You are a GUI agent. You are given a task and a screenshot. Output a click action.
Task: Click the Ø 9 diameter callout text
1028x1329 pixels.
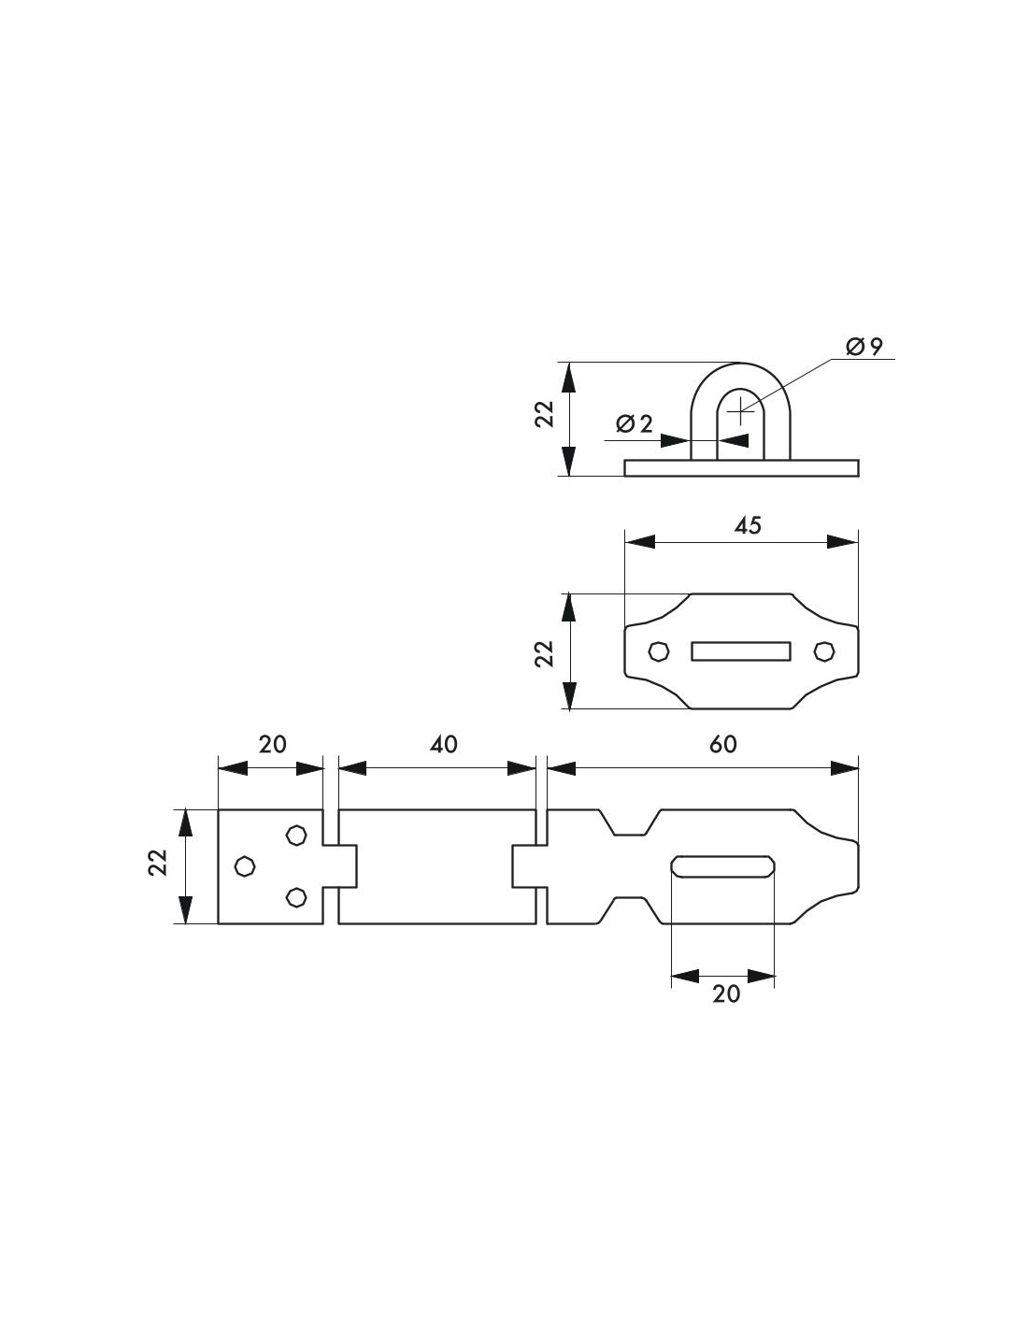(864, 348)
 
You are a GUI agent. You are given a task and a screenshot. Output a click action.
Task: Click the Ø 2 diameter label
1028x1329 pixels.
(635, 423)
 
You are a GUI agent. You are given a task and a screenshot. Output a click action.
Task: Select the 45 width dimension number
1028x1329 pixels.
(748, 525)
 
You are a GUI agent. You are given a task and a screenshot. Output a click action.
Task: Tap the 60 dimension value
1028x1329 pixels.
(722, 744)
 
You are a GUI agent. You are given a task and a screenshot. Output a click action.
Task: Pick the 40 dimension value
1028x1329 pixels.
(443, 744)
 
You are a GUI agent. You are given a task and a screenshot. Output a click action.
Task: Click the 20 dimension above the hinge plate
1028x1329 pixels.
(272, 744)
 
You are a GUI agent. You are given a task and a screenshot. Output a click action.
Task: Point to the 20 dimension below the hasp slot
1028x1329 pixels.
(726, 993)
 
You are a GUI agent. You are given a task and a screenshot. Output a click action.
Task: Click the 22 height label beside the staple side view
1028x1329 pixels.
(544, 413)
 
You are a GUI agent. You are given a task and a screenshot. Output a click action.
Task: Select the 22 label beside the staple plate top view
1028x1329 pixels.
(544, 652)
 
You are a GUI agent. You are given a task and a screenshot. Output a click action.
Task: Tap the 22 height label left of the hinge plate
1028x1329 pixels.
(158, 863)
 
